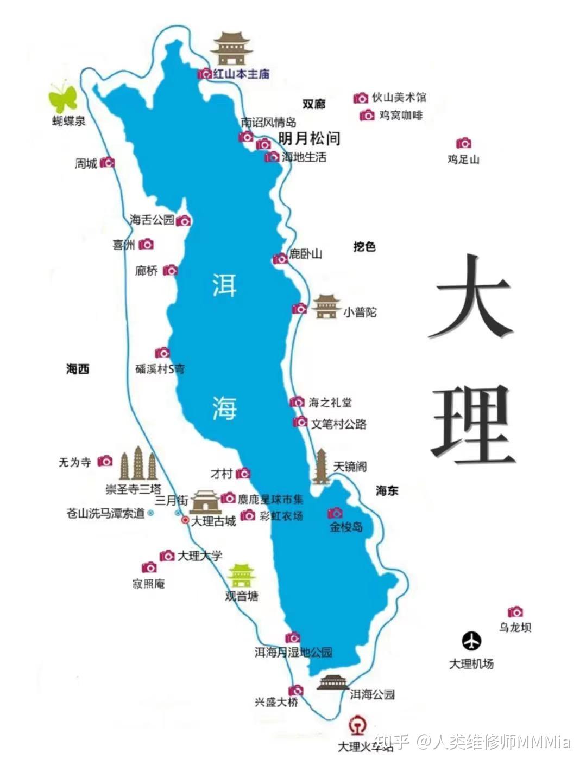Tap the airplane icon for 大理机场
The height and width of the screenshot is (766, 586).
click(x=471, y=641)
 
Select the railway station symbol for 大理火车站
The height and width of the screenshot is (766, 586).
click(x=357, y=726)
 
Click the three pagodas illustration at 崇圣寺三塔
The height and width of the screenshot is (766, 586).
click(x=138, y=465)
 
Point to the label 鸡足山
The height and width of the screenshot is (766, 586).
click(x=463, y=159)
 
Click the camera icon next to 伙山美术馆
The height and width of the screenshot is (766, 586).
click(x=361, y=98)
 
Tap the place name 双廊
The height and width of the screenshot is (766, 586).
click(x=313, y=104)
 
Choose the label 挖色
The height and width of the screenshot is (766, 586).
click(x=364, y=247)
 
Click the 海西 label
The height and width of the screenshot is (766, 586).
click(x=78, y=369)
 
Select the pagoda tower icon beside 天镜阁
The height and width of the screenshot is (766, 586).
click(x=321, y=467)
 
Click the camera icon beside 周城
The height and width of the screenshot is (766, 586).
click(x=108, y=162)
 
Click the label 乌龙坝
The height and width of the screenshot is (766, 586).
click(x=515, y=627)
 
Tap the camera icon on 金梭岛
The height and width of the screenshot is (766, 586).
click(x=335, y=513)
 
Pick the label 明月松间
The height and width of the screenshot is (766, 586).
click(x=309, y=138)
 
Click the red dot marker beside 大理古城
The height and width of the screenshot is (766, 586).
click(x=185, y=520)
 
